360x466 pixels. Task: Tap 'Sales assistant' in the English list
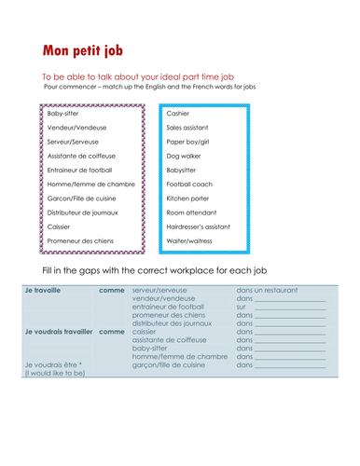point(187,127)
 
